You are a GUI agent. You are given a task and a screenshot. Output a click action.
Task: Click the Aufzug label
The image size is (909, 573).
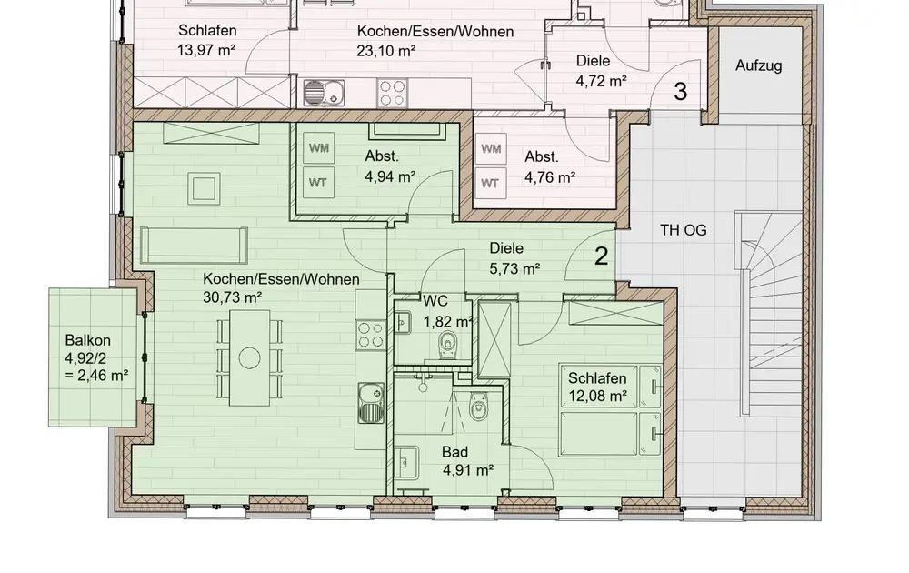[758, 65]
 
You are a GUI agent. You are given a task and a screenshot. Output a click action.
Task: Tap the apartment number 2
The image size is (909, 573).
[602, 256]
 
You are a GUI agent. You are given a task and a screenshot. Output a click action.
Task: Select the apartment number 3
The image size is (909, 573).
[680, 92]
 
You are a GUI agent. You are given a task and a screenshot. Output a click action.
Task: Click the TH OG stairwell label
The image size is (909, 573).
[684, 230]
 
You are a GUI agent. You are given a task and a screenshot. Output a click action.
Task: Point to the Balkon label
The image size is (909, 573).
[87, 340]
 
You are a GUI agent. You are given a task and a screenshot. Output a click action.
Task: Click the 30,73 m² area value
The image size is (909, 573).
[232, 297]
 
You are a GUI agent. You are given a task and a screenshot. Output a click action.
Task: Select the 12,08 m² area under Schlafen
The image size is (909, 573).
[597, 397]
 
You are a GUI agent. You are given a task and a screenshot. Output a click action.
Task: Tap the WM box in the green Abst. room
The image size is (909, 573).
[318, 148]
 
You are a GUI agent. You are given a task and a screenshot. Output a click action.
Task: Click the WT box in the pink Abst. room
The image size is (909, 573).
[490, 183]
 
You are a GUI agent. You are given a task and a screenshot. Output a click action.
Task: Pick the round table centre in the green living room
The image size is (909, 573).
[249, 357]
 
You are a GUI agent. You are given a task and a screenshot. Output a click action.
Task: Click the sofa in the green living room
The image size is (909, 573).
[194, 246]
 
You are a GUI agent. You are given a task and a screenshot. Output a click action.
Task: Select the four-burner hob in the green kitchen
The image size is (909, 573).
[371, 335]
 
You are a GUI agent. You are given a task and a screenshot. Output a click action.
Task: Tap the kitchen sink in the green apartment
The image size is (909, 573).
[371, 403]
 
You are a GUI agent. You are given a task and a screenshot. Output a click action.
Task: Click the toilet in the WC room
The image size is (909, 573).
[447, 345]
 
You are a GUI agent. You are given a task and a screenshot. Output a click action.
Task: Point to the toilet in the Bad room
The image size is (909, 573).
[478, 406]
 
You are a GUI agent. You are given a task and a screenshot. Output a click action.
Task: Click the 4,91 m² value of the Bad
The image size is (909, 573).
[468, 470]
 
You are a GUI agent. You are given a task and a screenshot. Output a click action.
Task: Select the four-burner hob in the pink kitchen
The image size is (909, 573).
[392, 94]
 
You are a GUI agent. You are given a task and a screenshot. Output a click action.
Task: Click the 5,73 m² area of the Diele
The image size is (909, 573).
[514, 269]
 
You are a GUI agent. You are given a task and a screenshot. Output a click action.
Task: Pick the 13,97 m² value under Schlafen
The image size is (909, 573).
[205, 50]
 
